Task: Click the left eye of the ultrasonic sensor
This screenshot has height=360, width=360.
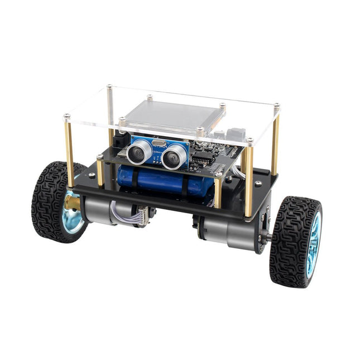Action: click(x=139, y=151)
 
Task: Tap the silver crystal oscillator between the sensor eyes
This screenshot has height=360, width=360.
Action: click(x=158, y=146)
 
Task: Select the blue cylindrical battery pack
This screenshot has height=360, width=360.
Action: click(x=162, y=181)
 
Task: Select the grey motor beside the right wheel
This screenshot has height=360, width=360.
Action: click(x=234, y=229)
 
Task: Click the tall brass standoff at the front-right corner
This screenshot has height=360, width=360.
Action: click(x=249, y=179)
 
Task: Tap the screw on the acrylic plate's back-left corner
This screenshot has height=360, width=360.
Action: click(x=110, y=87)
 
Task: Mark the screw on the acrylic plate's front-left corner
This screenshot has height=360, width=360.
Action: click(x=66, y=117)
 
